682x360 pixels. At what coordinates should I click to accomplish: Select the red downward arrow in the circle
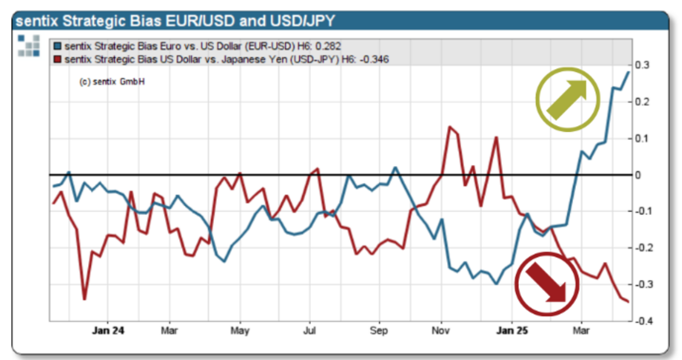(546, 282)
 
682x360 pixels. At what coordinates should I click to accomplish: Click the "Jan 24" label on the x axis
(108, 331)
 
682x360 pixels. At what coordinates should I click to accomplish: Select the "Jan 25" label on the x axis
(512, 331)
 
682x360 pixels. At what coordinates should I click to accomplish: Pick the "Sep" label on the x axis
(379, 331)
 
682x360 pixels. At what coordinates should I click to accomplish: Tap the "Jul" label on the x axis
(310, 331)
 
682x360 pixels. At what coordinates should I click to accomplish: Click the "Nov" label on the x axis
(441, 331)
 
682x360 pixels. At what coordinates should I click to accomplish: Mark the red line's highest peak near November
(450, 126)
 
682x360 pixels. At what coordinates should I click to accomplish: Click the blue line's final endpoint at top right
(628, 72)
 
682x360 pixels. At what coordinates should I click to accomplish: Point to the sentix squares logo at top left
(28, 46)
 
